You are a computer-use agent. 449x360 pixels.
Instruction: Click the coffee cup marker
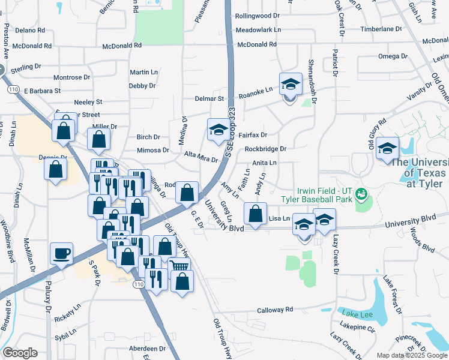click(61, 254)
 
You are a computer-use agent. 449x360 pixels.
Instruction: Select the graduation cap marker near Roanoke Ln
click(290, 85)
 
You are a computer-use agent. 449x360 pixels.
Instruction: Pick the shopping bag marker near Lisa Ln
click(255, 214)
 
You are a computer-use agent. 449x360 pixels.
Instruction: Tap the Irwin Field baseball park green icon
click(361, 194)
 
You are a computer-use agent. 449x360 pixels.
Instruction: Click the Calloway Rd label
click(274, 310)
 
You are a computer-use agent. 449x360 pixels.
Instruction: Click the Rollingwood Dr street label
click(258, 16)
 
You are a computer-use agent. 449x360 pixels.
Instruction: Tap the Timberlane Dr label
click(380, 29)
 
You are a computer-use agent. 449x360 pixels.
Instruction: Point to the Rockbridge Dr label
click(266, 148)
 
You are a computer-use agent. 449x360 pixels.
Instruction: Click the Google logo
click(20, 352)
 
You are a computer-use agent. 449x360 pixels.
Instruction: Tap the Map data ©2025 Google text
click(411, 355)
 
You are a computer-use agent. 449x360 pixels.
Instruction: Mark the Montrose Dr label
click(71, 77)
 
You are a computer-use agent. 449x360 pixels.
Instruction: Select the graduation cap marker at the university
click(387, 148)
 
